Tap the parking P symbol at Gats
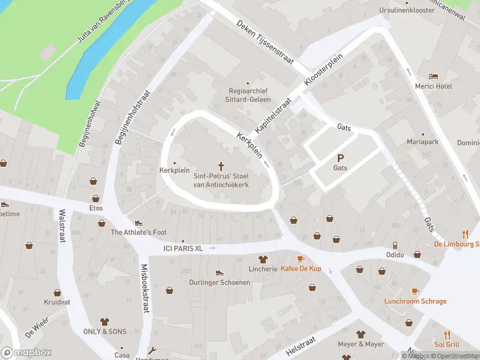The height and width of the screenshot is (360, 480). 340,158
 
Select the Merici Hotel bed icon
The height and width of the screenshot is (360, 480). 433,76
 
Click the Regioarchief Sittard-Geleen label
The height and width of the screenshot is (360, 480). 247,95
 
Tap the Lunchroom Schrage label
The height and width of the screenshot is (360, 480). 415,301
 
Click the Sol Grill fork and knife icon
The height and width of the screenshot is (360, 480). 447,334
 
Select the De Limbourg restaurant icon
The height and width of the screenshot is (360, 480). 464,233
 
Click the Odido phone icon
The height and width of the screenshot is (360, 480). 395,245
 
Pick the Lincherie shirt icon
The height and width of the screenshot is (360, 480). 262,259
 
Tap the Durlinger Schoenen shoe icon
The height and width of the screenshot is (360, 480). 219,272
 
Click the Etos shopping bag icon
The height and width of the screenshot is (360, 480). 95,198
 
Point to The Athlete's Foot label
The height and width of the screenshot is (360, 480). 139,232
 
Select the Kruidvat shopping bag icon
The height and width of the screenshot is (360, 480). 57,293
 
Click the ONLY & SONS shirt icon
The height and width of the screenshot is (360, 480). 104,321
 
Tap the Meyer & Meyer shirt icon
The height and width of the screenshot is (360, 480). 361,334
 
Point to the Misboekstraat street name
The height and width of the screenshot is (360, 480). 145,289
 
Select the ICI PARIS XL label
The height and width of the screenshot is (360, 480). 184,248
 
